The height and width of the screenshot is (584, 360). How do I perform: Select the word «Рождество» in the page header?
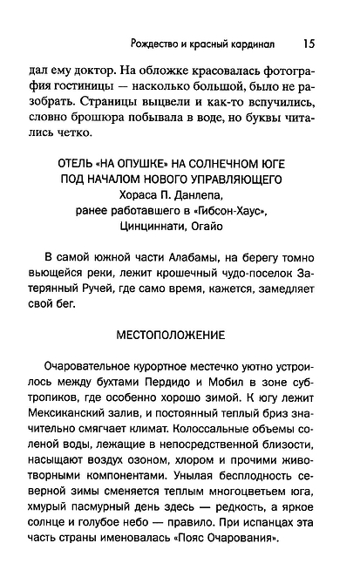[x=154, y=42]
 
